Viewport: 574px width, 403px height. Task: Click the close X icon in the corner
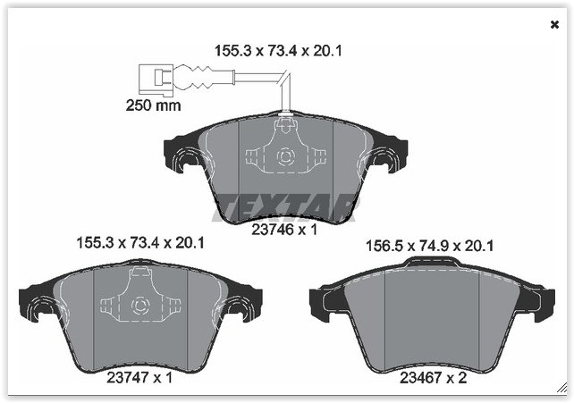pos(554,24)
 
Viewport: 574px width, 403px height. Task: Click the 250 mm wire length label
pos(153,105)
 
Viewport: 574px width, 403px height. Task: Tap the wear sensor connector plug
pos(154,78)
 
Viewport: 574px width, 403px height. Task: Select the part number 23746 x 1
pos(283,230)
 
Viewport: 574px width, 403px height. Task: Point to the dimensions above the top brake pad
pos(278,51)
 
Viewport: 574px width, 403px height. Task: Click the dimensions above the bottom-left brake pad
pos(139,242)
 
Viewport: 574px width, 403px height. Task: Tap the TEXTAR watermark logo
pos(283,205)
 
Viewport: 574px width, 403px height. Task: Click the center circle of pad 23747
pos(140,306)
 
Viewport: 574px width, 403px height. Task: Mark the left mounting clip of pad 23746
pos(190,160)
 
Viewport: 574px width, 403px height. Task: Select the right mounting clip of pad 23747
pos(239,309)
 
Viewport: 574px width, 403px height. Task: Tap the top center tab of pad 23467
pos(432,264)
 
